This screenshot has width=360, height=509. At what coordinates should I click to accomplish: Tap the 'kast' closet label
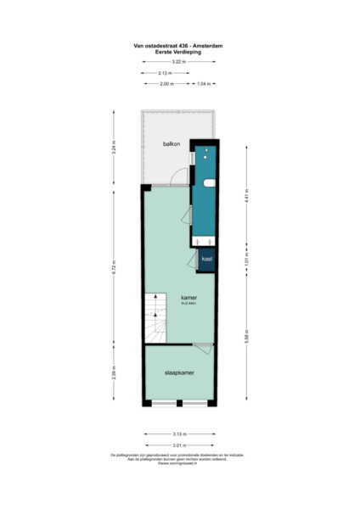[206, 259]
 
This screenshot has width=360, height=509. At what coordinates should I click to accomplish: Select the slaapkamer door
[203, 344]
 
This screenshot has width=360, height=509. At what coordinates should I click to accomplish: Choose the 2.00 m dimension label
[166, 85]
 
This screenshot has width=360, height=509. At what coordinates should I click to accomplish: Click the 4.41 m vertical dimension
[247, 200]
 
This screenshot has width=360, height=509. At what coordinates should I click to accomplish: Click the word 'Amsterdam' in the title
[206, 48]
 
